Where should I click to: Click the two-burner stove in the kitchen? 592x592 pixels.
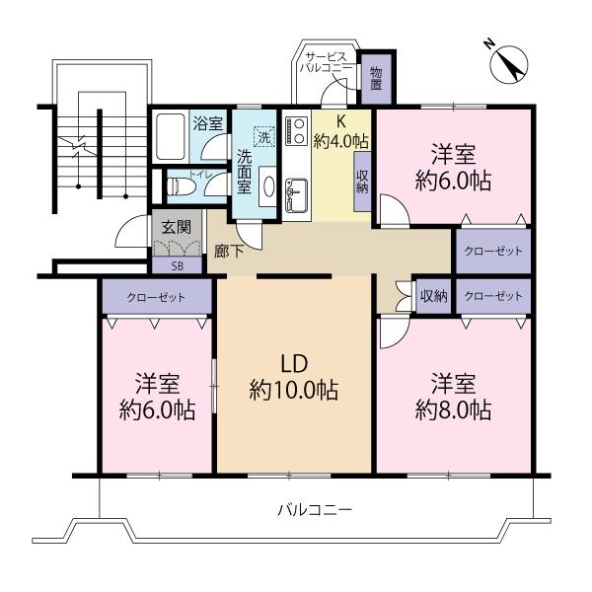(296, 131)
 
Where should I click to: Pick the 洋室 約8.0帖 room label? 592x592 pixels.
(452, 395)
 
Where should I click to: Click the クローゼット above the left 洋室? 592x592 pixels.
(156, 297)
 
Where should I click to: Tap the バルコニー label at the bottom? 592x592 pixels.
(314, 511)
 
